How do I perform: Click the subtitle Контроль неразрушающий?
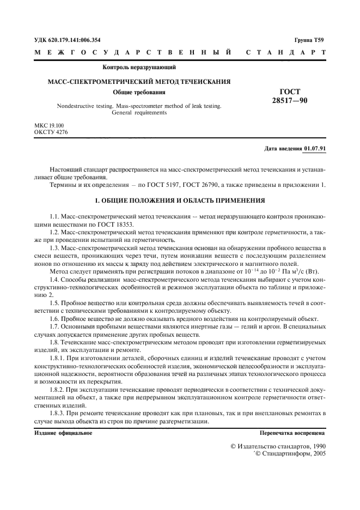pyautogui.click(x=139, y=68)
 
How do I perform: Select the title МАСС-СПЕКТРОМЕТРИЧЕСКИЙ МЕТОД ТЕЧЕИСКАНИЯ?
pyautogui.click(x=139, y=81)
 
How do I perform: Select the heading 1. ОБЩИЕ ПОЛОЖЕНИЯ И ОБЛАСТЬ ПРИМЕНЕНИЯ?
pyautogui.click(x=180, y=200)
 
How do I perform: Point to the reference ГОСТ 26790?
pyautogui.click(x=217, y=184)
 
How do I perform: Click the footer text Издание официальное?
pyautogui.click(x=63, y=433)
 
